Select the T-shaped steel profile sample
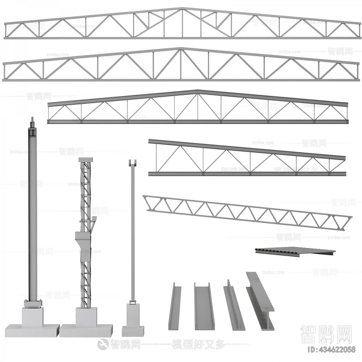pos(233,305)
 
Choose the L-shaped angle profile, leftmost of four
pos(174,306)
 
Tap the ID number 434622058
pos(331,350)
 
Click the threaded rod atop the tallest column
pos(32,122)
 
